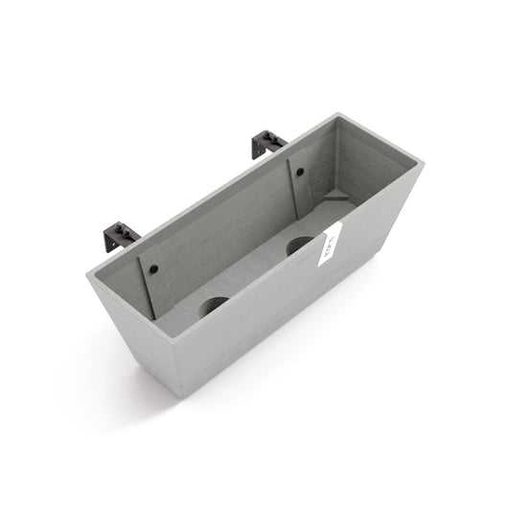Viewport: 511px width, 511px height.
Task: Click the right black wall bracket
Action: point(267,144)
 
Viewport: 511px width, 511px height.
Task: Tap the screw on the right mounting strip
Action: point(299,173)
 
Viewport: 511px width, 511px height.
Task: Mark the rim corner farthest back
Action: point(337,116)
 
